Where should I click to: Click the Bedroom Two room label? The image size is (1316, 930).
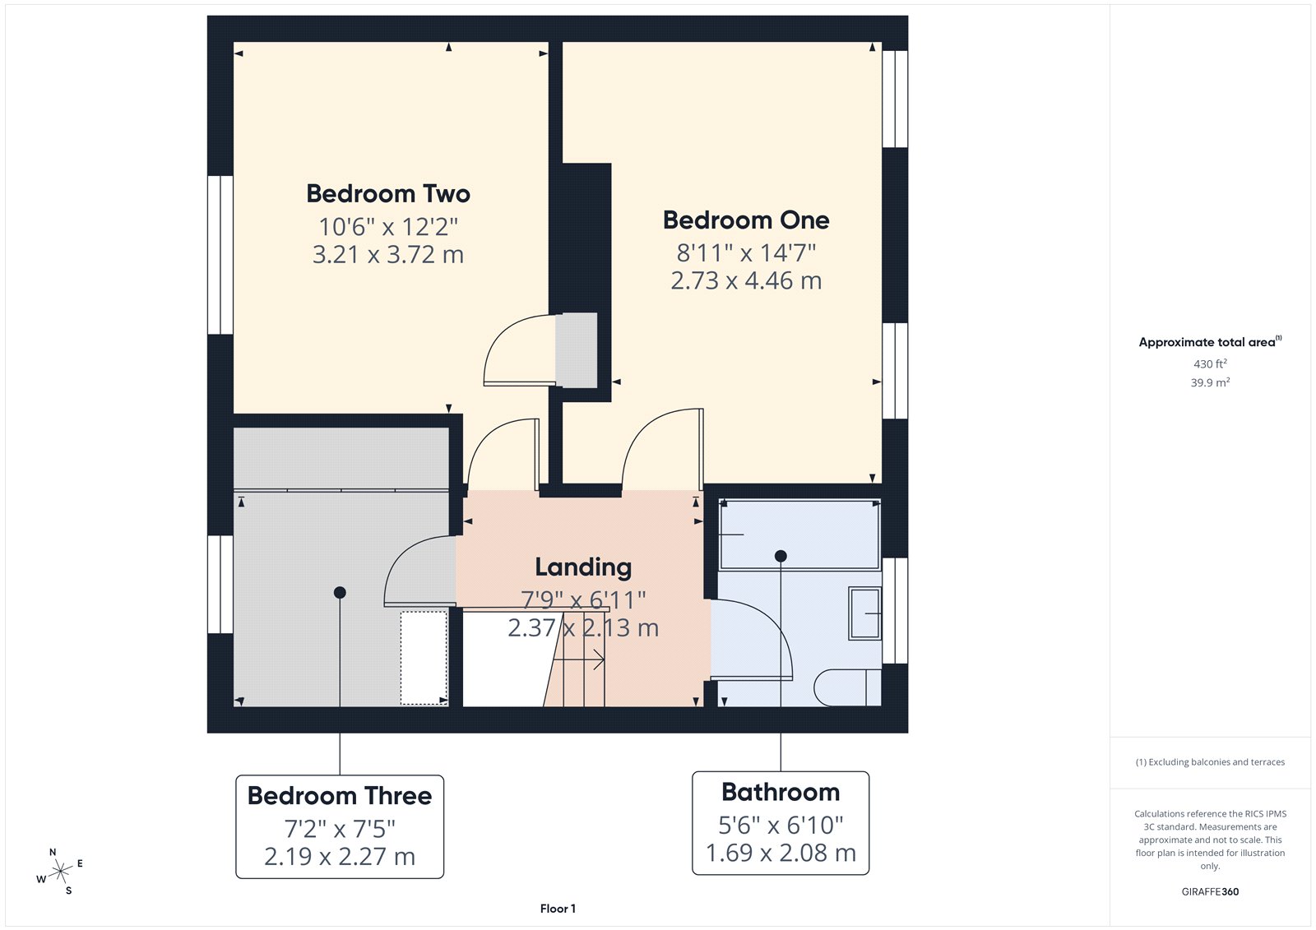click(x=388, y=194)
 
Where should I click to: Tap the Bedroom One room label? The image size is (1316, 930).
click(x=746, y=220)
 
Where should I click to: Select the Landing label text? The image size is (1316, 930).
click(x=583, y=567)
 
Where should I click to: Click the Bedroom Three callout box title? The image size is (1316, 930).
click(x=340, y=796)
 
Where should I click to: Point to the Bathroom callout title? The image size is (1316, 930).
click(x=781, y=793)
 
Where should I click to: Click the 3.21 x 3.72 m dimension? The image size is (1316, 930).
click(x=388, y=255)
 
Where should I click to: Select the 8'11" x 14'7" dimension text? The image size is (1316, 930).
click(x=746, y=252)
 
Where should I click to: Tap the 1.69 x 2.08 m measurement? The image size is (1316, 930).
click(x=781, y=854)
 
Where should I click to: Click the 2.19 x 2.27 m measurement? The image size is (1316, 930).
click(x=340, y=857)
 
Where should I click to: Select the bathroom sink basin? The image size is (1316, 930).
click(x=864, y=613)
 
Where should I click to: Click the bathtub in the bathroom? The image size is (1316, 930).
click(x=799, y=534)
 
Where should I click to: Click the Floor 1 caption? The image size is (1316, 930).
click(x=558, y=909)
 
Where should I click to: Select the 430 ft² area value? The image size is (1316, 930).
click(x=1210, y=363)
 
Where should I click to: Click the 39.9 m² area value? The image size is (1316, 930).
click(x=1210, y=382)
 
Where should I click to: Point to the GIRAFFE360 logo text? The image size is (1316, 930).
click(x=1210, y=891)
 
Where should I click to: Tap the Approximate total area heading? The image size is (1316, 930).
click(x=1207, y=342)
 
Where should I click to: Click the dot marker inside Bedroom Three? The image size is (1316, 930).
click(x=340, y=592)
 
